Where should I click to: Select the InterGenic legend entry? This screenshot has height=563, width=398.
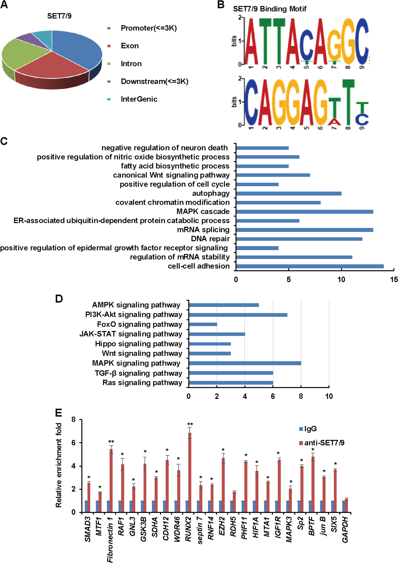click(x=139, y=99)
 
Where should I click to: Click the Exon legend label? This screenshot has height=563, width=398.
click(x=130, y=46)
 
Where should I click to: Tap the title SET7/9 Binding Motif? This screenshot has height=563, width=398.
click(x=269, y=9)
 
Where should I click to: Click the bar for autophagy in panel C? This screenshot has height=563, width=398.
click(x=289, y=193)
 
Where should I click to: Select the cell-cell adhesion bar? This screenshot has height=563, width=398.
click(x=310, y=266)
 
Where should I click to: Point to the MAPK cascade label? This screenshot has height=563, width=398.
click(x=203, y=211)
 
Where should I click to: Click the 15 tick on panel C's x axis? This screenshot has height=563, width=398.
click(x=394, y=279)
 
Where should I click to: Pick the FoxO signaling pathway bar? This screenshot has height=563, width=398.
click(x=203, y=324)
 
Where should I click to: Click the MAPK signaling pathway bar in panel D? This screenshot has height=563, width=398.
click(x=245, y=363)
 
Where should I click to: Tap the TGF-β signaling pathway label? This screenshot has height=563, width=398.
click(x=138, y=373)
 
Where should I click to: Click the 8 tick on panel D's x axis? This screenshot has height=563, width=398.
click(x=301, y=396)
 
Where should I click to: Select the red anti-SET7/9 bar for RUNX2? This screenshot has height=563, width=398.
click(x=190, y=473)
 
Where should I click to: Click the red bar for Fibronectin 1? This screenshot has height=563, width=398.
click(x=111, y=481)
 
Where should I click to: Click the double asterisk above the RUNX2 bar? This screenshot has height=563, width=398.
click(x=190, y=424)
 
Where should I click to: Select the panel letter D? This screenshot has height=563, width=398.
click(x=59, y=299)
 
